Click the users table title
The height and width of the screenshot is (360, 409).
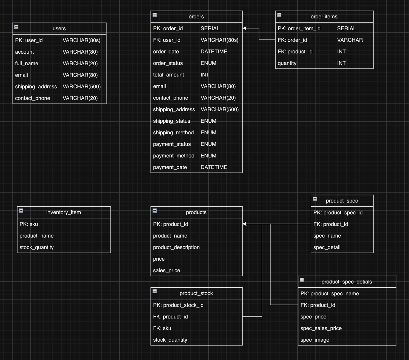tap(59, 28)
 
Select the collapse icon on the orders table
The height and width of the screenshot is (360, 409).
tap(155, 15)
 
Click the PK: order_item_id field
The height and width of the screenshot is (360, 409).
tap(299, 28)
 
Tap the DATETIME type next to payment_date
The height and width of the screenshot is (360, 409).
tap(214, 167)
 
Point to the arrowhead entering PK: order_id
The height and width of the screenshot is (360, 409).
tap(245, 28)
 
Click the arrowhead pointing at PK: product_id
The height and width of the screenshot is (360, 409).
tap(245, 224)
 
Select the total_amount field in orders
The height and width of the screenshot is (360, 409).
tap(168, 75)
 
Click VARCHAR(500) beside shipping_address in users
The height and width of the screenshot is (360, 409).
tap(82, 87)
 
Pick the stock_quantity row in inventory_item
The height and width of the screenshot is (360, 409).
tap(37, 247)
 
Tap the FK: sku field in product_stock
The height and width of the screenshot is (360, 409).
tap(162, 328)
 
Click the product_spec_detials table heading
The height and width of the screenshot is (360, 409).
tap(346, 282)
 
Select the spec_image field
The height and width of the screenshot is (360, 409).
tap(315, 340)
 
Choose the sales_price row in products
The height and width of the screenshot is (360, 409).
tap(167, 270)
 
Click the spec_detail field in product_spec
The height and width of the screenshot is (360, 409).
tap(327, 247)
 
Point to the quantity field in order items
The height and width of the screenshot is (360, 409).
tap(287, 63)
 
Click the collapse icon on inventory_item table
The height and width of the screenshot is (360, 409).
tap(21, 210)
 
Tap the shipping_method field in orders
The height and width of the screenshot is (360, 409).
tap(173, 133)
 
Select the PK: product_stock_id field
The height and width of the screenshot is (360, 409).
tap(178, 305)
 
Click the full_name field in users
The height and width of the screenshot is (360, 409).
tap(27, 63)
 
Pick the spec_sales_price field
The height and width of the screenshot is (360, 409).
tap(321, 328)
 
